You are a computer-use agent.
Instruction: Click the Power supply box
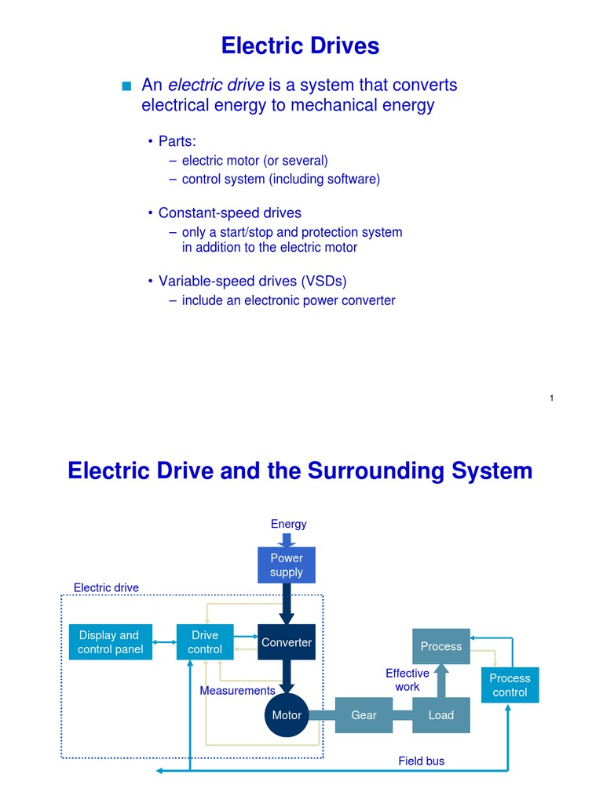coord(287,565)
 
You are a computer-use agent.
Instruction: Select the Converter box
coord(287,642)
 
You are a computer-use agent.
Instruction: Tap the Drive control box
coord(205,642)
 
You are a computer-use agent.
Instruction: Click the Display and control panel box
coord(111,642)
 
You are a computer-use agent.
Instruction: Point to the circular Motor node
coord(287,715)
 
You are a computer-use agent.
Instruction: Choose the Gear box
coord(364,715)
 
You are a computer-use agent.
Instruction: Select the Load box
coord(440,715)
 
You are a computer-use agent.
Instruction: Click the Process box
coord(440,647)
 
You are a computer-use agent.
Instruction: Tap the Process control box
coord(510,685)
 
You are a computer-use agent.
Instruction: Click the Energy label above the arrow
coord(288,524)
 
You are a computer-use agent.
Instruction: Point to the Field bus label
coord(422,761)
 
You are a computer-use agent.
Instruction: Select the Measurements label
coord(237,691)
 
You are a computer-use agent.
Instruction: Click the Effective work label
coord(407,680)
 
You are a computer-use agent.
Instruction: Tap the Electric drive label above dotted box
coord(106,587)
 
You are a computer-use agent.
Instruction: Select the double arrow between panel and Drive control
coord(163,642)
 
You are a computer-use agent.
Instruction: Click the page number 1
coord(552,399)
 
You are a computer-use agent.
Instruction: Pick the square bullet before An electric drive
coord(126,86)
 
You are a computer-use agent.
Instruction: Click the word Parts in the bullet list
coord(176,141)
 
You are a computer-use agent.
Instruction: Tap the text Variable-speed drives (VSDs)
coord(252,281)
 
